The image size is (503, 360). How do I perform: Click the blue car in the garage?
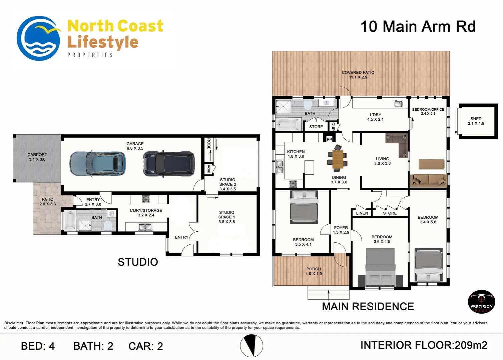pos(97,164)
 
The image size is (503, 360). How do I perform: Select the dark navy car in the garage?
pos(169,164)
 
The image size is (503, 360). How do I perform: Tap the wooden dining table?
pos(338,159)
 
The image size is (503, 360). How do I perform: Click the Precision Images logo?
pos(481,302)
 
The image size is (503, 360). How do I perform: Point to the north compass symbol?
pos(251,346)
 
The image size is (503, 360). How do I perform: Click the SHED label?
pos(476,119)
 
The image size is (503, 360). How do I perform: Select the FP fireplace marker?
pos(330,139)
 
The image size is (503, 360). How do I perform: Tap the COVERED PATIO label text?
pos(358,72)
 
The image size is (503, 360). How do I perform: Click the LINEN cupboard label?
pos(362,213)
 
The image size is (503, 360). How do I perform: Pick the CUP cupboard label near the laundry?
pos(333,126)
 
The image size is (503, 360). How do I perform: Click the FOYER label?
pos(341,228)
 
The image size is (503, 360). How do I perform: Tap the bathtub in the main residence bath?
pos(288,124)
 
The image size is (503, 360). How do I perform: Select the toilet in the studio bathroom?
pos(108,226)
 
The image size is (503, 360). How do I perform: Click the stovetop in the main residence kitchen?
pos(293,184)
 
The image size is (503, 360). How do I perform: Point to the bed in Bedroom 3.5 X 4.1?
pos(304,207)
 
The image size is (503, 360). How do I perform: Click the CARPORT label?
pos(37,155)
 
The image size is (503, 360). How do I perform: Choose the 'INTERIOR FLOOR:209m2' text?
pos(424,345)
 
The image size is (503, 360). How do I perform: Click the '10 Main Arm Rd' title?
pos(418,26)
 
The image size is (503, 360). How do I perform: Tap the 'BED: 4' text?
pos(38,346)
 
